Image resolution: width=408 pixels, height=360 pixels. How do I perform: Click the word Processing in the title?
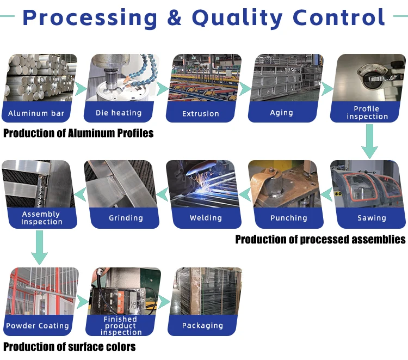(90, 17)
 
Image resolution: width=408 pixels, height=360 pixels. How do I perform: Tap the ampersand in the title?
(175, 17)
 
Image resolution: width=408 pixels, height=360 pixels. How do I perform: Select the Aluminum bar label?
(36, 114)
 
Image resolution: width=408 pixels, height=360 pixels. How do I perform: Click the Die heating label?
(119, 113)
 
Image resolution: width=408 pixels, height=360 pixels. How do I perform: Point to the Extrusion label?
(201, 114)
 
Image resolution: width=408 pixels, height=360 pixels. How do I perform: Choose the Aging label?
(281, 113)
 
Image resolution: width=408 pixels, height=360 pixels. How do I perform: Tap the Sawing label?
(372, 218)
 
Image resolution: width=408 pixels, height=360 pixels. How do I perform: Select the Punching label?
(289, 218)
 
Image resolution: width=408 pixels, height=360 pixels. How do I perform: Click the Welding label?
(206, 218)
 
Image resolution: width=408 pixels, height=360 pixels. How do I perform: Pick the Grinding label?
(126, 218)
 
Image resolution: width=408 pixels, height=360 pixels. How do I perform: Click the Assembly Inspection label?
(42, 218)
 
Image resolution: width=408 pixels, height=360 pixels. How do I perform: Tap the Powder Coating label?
(38, 326)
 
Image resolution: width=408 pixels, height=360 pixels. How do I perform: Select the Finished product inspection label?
(121, 326)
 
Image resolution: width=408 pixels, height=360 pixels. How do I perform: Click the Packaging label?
(202, 326)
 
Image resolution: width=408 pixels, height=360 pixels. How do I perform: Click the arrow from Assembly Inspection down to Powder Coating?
(39, 248)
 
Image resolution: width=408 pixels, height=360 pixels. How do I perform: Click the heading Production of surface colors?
(70, 347)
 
